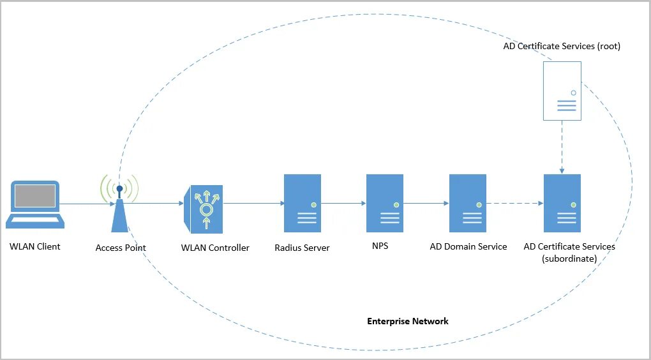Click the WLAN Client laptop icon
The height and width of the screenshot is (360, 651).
click(35, 204)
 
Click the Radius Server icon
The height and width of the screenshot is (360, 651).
click(303, 203)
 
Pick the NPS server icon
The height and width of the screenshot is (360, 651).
click(385, 203)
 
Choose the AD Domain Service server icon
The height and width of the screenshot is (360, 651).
click(468, 203)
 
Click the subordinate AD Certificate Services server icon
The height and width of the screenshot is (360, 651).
click(562, 203)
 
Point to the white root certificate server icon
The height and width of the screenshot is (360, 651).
click(562, 91)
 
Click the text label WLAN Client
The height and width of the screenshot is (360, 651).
click(35, 246)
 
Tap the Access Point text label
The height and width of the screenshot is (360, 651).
click(121, 248)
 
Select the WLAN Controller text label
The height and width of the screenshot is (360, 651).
click(215, 248)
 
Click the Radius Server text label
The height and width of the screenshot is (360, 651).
click(302, 248)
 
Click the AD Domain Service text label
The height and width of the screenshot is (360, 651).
click(468, 246)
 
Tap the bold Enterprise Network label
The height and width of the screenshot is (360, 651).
click(408, 321)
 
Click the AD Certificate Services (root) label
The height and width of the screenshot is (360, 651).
click(562, 46)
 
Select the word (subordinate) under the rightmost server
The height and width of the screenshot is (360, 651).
click(570, 259)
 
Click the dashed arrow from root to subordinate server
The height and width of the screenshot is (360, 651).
click(562, 147)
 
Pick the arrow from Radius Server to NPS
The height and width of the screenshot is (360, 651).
click(343, 204)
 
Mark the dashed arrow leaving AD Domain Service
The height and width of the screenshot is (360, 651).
click(514, 204)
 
